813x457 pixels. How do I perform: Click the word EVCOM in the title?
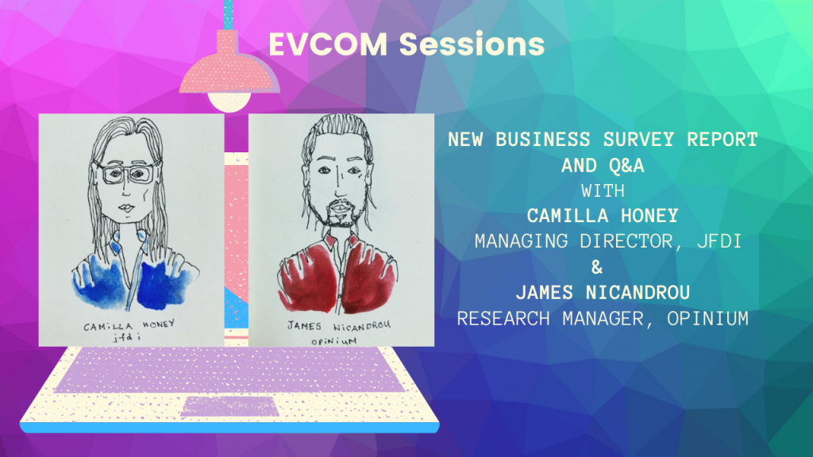(328, 44)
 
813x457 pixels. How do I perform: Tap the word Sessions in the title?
(472, 44)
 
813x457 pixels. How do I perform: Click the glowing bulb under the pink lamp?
(229, 102)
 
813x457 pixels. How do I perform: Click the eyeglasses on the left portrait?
(126, 173)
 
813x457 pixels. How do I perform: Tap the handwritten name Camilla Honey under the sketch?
(129, 325)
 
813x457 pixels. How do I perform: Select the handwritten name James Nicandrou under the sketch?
(338, 326)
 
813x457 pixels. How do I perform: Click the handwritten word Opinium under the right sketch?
(334, 341)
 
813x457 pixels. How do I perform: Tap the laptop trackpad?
(229, 407)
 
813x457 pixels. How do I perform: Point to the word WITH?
(603, 191)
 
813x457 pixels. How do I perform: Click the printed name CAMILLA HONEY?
(603, 216)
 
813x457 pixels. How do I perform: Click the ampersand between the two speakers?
(597, 267)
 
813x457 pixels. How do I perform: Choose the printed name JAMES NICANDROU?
(603, 293)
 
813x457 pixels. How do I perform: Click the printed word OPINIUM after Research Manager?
(707, 318)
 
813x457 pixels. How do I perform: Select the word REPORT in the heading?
(722, 140)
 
